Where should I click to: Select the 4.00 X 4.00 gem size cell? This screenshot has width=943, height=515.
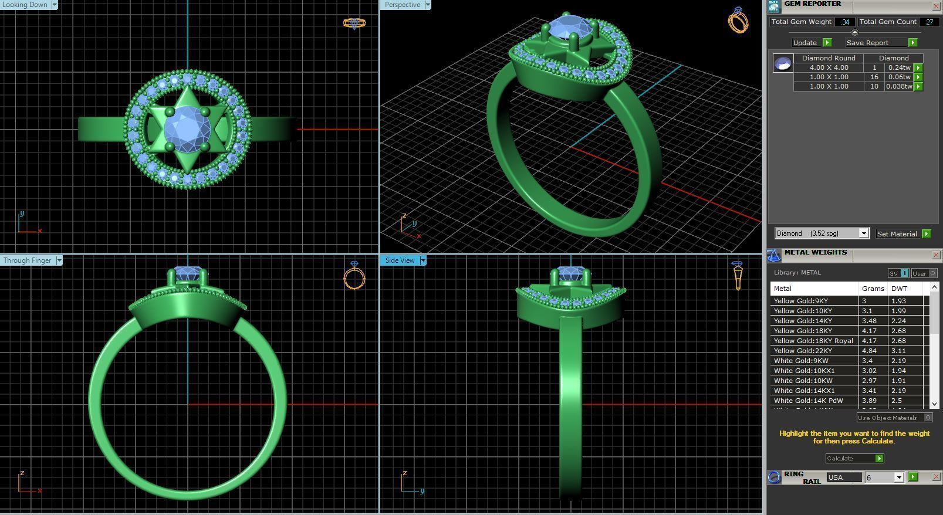coord(829,67)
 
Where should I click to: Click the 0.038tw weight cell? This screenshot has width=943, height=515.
coord(899,86)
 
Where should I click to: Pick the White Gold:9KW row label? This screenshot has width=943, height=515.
coord(801,361)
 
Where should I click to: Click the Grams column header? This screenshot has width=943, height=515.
coord(873,289)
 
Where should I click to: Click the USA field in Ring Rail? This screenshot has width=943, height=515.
coord(843,477)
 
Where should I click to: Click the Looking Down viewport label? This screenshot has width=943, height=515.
coord(25,5)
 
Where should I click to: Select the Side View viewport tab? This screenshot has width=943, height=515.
coord(400,260)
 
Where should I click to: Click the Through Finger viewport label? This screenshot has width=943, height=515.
coord(27,260)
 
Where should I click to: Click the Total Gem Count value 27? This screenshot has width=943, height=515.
coord(929,22)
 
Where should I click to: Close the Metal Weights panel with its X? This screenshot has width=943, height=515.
coord(936,255)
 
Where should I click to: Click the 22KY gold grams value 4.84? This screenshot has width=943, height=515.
coord(868,351)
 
